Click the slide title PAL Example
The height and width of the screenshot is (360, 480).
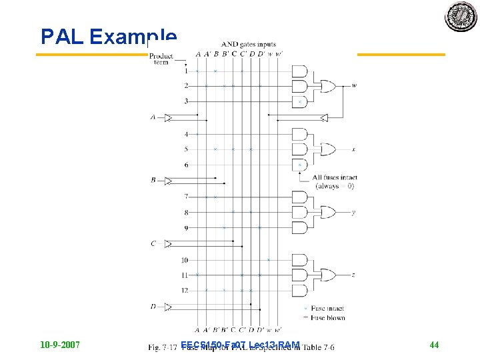[109, 37]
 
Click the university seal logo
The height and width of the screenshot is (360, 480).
[461, 17]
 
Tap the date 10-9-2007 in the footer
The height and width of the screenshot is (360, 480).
[60, 345]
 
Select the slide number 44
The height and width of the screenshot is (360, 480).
[434, 345]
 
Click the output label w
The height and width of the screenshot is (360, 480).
[353, 85]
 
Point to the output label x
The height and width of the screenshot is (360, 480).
[353, 149]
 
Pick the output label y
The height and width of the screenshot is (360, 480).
[353, 212]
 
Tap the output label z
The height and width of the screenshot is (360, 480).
[353, 275]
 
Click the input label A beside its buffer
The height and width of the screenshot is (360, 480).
[153, 117]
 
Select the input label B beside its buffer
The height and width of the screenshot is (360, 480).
[153, 180]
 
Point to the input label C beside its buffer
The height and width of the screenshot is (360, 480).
[153, 243]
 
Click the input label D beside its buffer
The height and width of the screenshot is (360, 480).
[153, 307]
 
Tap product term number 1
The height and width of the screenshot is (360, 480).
[186, 71]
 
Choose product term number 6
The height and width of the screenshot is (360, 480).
[186, 165]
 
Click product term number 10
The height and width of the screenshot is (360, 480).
[185, 260]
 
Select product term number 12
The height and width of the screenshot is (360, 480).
[185, 290]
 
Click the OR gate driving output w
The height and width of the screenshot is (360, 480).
[329, 85]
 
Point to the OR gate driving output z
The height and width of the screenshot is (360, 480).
[329, 275]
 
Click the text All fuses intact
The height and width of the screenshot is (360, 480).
[335, 177]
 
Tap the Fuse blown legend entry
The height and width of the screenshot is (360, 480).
[326, 317]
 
